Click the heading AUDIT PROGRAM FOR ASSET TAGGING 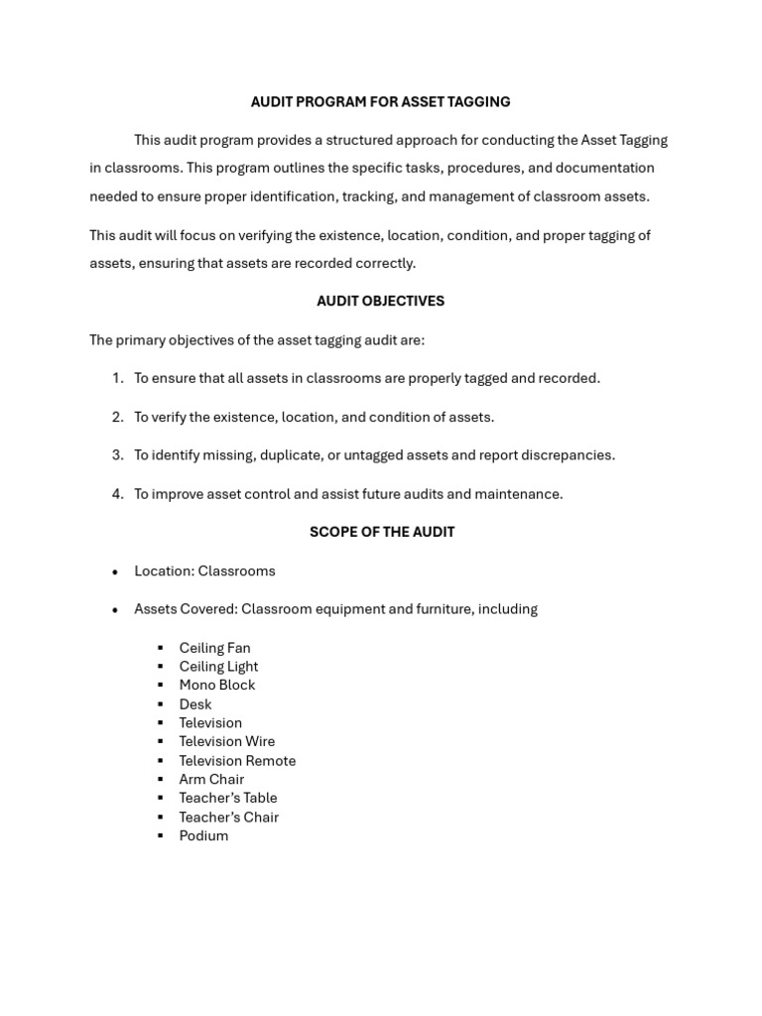[380, 102]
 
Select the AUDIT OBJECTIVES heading [380, 301]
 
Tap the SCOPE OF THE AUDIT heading [381, 532]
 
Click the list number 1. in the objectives [117, 378]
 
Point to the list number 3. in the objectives [117, 455]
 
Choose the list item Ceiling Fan [214, 648]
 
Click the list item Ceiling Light [218, 667]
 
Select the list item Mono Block [216, 686]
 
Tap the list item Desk [194, 704]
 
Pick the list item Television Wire [226, 741]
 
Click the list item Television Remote [237, 761]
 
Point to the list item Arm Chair [211, 779]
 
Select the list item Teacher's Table [227, 798]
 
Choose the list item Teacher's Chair [228, 818]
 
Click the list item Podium [203, 835]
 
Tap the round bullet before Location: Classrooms [115, 572]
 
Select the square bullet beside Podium [160, 835]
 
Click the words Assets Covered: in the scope [186, 609]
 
